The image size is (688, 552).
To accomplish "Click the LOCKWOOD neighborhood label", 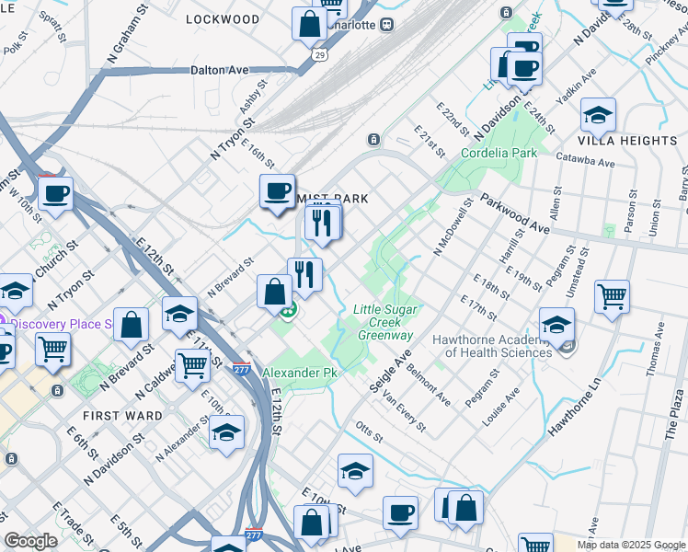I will click(x=222, y=18).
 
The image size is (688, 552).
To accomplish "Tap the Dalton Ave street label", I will click(x=220, y=69).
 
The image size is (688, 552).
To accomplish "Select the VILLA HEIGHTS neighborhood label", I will click(x=628, y=141).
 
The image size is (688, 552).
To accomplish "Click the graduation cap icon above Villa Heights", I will click(x=598, y=115).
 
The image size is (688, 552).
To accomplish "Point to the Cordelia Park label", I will click(x=499, y=154).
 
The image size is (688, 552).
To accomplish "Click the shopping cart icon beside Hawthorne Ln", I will click(x=612, y=296).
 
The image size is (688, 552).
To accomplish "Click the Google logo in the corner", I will click(x=31, y=541).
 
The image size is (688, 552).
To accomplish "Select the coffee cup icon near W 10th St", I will click(x=56, y=194).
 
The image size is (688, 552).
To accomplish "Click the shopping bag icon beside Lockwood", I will click(x=309, y=24).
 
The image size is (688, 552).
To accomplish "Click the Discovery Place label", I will click(x=61, y=324).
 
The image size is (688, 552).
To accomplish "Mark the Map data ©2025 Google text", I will click(x=630, y=545).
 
